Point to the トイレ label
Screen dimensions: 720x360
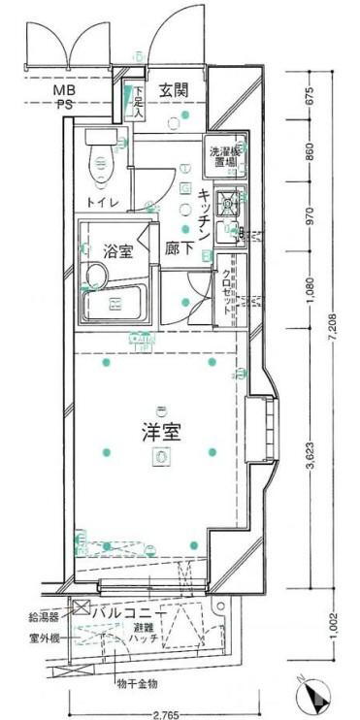103,202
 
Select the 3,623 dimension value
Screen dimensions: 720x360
311,451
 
